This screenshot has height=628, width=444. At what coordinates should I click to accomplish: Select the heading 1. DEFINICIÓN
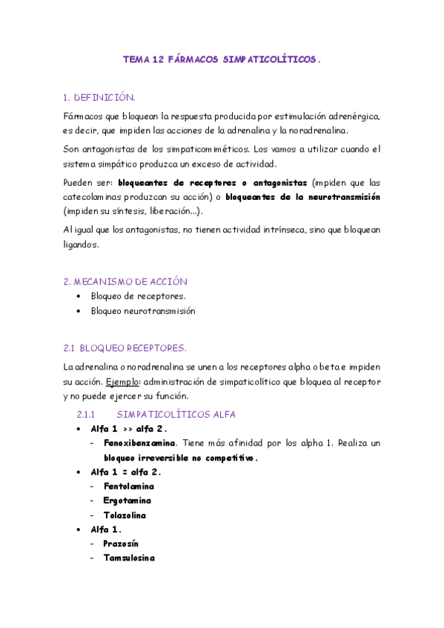point(99,97)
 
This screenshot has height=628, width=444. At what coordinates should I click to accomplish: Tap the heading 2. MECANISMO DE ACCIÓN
point(125,281)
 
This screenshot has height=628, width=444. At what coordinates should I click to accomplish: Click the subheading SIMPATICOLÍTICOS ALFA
point(176,414)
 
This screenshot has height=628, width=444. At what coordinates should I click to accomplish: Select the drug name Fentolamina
point(129,486)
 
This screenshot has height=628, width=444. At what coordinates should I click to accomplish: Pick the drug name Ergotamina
point(127,501)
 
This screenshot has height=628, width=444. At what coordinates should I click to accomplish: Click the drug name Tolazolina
point(125,515)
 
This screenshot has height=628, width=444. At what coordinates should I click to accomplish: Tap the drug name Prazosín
point(121,544)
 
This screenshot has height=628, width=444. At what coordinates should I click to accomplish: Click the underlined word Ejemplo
point(122,381)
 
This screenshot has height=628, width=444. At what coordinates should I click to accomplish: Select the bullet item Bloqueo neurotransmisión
point(143,311)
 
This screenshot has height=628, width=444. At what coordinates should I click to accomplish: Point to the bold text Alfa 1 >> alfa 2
point(129,429)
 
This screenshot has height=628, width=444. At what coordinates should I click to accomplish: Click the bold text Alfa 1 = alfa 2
point(126,472)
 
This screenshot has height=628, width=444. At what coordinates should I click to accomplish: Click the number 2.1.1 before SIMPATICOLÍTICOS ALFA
point(87,414)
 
